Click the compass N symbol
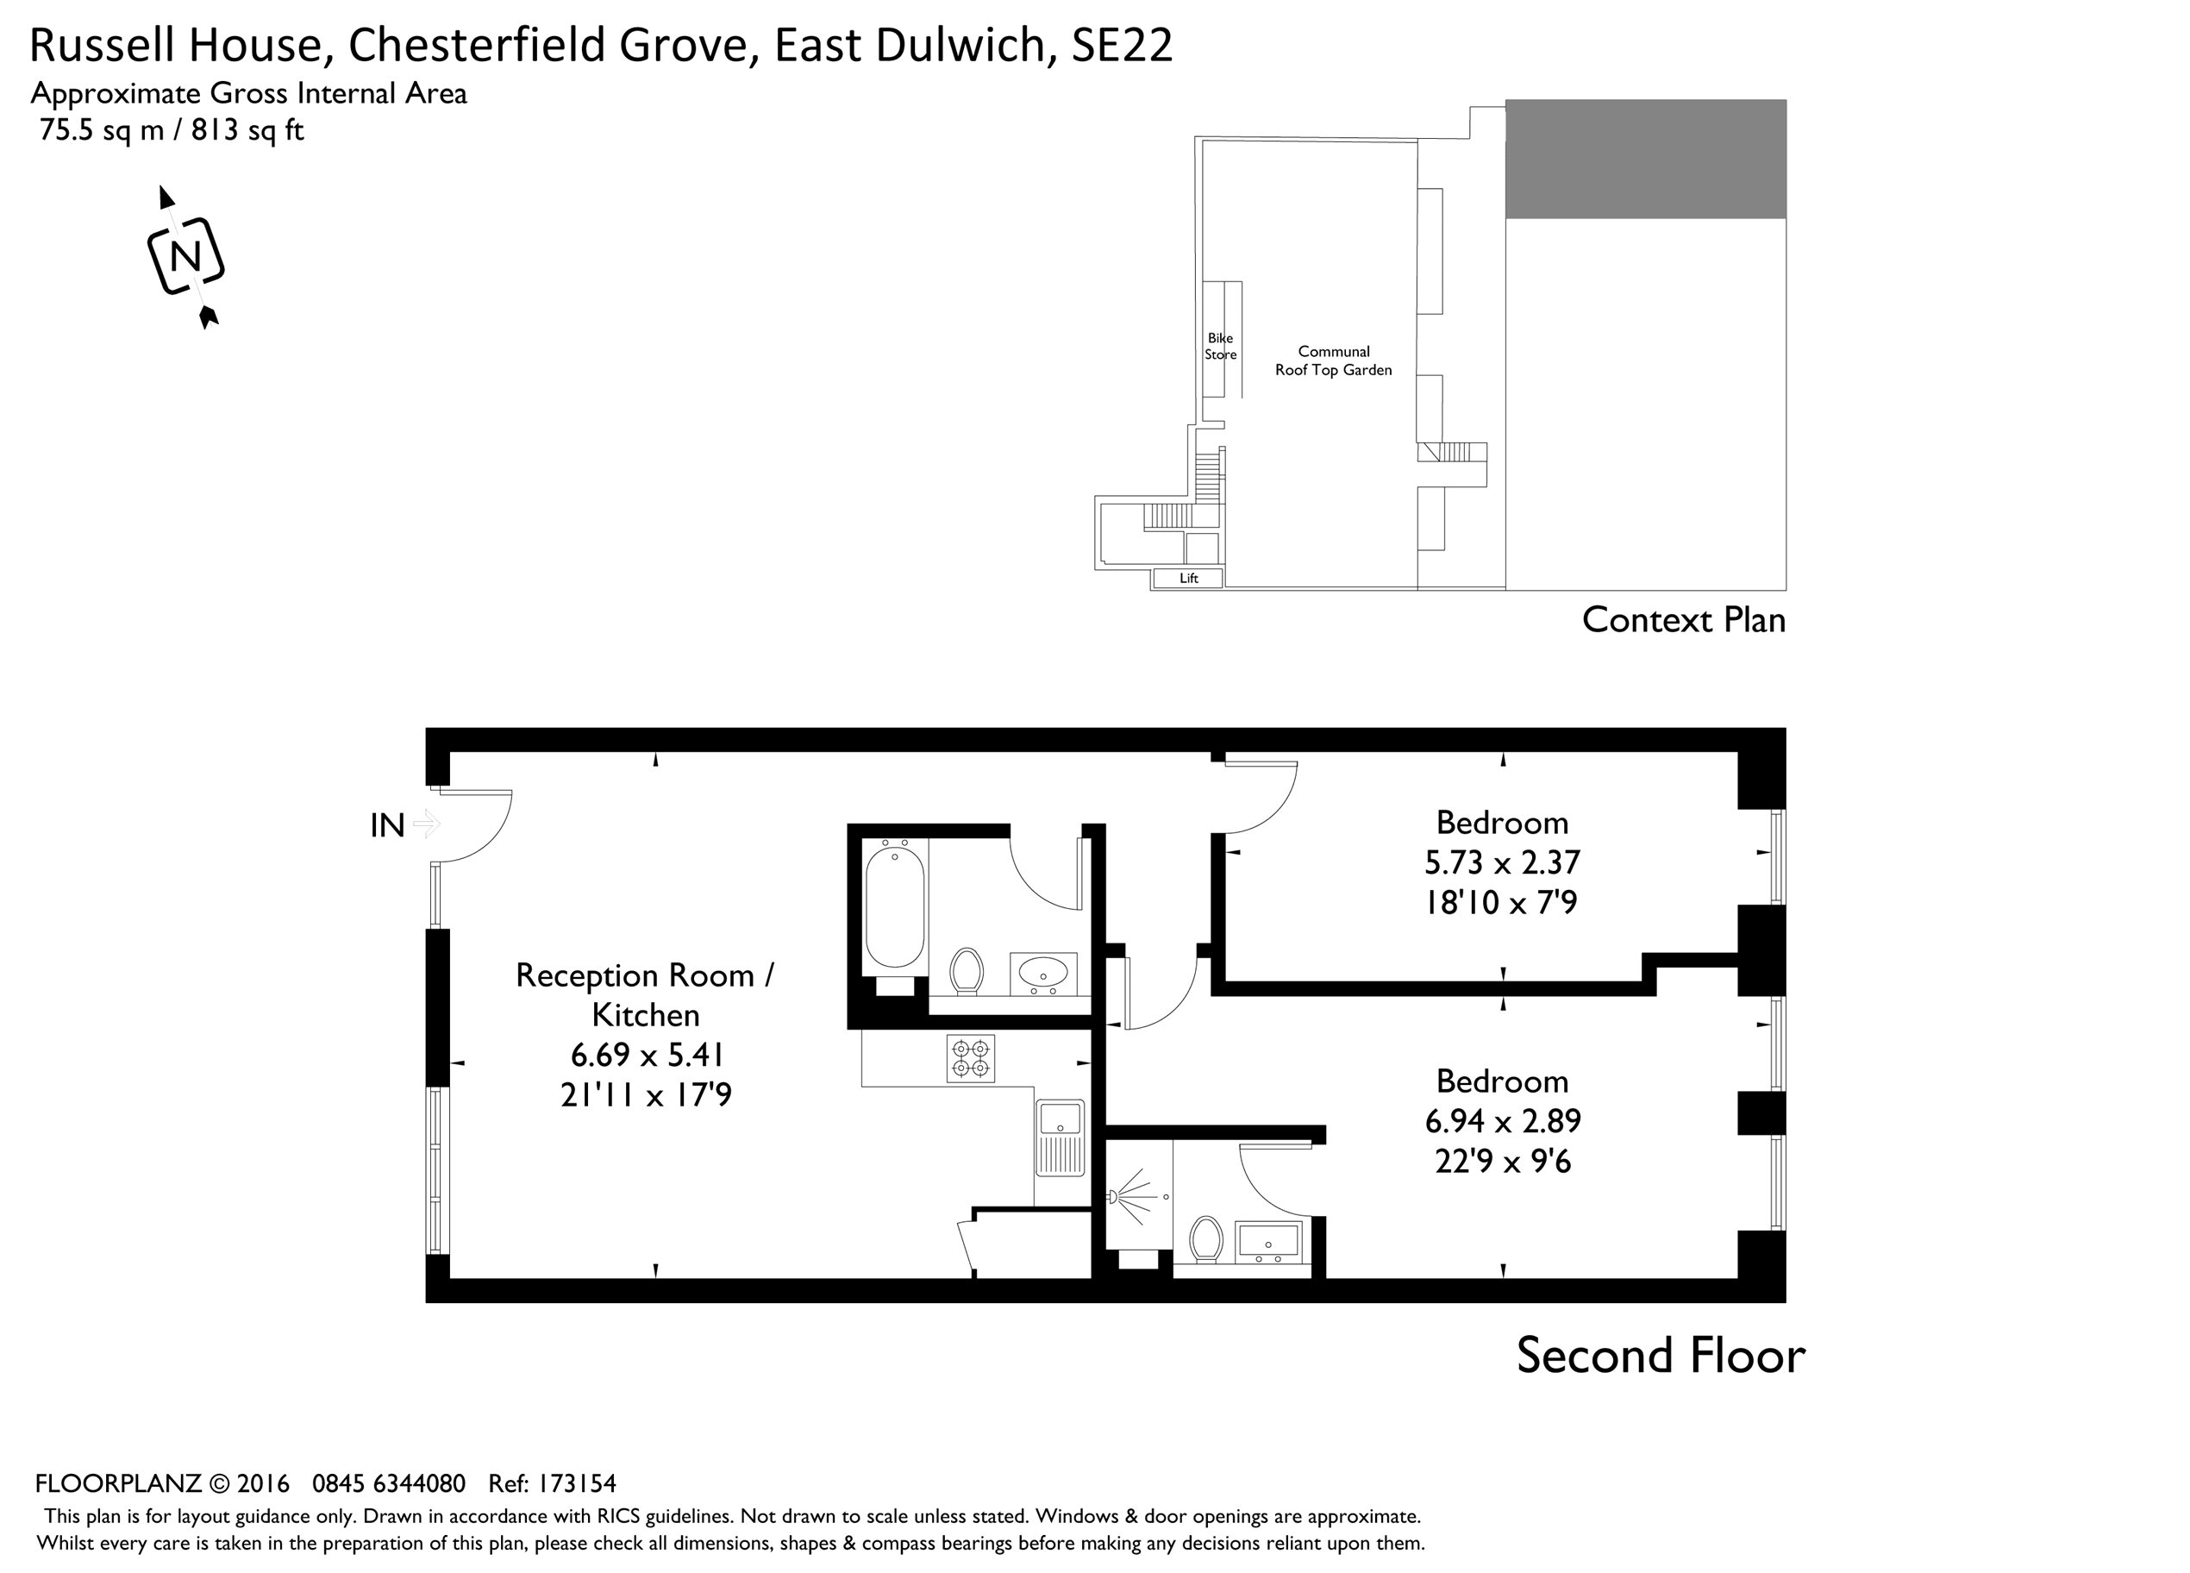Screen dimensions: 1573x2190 [x=185, y=257]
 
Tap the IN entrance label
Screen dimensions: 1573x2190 [x=387, y=825]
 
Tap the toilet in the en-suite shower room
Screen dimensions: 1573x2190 [x=1206, y=1239]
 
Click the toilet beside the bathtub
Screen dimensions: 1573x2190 [x=967, y=970]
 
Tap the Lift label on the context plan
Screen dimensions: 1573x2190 [x=1189, y=579]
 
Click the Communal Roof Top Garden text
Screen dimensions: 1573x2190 [x=1334, y=361]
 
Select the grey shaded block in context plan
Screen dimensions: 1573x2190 [x=1644, y=160]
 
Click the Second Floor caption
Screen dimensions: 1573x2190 [x=1660, y=1355]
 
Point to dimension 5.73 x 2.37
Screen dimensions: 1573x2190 [x=1501, y=862]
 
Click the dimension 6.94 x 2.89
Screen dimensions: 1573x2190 [x=1501, y=1121]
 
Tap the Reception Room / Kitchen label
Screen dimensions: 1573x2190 [x=645, y=994]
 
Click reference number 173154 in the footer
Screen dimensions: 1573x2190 [x=577, y=1483]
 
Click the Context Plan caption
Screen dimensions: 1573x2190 [x=1683, y=620]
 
